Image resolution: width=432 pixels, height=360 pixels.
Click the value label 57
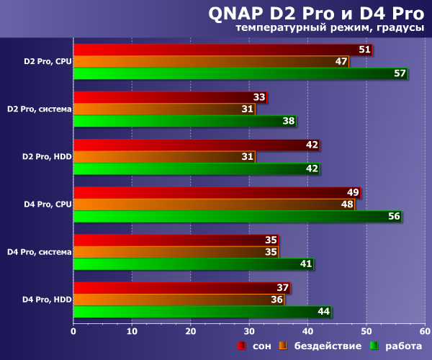(x=400, y=73)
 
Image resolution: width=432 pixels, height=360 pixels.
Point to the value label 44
(x=323, y=311)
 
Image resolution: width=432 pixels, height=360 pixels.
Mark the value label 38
(x=289, y=121)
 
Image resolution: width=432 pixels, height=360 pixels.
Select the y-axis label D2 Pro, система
(x=39, y=109)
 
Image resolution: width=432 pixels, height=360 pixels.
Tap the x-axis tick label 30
(x=249, y=331)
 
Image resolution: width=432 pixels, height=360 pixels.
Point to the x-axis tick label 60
(x=425, y=331)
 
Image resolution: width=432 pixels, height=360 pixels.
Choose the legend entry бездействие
(x=327, y=346)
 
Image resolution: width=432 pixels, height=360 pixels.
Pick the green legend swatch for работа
(x=374, y=346)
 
